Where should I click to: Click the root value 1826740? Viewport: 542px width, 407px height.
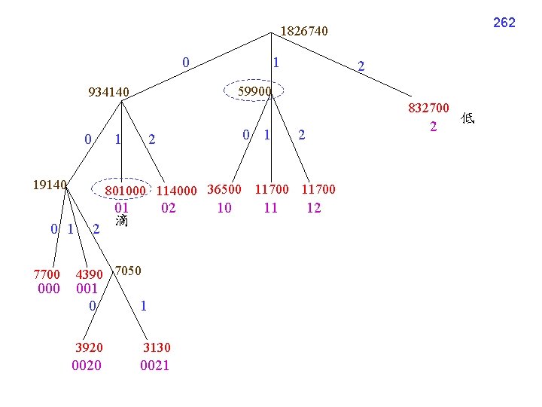[304, 32]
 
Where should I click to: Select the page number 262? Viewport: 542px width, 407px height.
[504, 23]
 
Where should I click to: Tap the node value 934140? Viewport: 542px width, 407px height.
[109, 93]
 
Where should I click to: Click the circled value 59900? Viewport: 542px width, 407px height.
[254, 91]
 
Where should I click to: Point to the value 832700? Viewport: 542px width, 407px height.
[429, 109]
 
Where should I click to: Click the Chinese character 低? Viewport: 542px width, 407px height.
[468, 118]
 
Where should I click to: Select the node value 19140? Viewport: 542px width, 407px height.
[50, 184]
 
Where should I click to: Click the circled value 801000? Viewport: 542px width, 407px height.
[125, 190]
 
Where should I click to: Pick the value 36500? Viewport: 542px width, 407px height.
[224, 189]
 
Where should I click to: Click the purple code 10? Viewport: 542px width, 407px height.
[224, 207]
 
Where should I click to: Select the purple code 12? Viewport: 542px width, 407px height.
[314, 207]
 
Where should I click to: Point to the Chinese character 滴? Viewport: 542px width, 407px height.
[122, 221]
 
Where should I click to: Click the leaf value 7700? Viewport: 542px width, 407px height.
[47, 274]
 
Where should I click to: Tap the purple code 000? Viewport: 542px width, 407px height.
[48, 289]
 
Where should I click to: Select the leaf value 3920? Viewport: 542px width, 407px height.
[89, 347]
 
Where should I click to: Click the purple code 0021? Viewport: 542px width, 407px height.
[155, 366]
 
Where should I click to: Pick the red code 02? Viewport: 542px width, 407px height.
[168, 207]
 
